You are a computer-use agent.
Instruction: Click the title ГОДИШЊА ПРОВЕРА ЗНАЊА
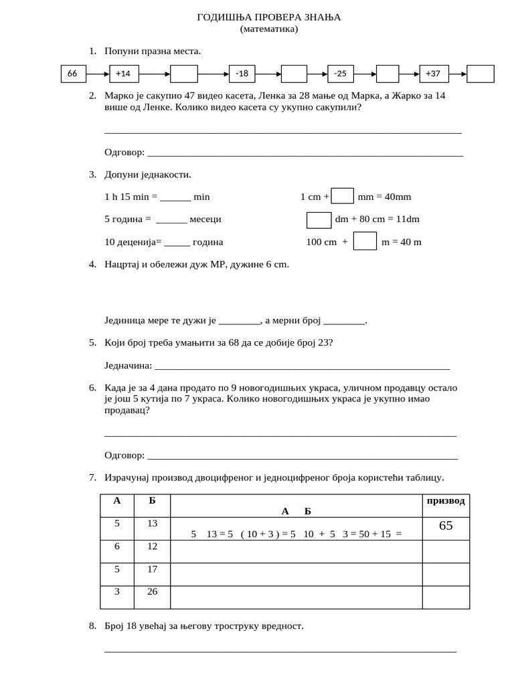point(268,17)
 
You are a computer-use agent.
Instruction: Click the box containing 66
point(73,74)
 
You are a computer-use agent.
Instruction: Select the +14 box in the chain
point(124,74)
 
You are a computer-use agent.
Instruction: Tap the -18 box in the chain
point(242,74)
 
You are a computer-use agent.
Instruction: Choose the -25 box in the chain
point(340,74)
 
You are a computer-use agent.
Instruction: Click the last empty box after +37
point(480,74)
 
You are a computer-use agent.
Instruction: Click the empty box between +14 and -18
point(184,74)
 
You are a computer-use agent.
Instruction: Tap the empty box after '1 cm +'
point(343,196)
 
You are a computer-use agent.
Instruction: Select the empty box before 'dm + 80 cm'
point(319,219)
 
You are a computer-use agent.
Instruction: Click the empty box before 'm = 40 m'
point(365,241)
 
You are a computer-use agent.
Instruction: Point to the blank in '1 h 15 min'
point(175,197)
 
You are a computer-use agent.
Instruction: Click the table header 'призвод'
point(445,501)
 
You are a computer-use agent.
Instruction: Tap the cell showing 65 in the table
point(446,526)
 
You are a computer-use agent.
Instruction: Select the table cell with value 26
point(152,592)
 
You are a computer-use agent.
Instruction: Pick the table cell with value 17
point(152,569)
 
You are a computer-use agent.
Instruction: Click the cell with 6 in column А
point(117,547)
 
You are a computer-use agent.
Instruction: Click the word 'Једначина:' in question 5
point(128,366)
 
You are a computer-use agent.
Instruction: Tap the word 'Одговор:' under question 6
point(124,456)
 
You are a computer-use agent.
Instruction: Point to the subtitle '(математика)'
point(268,29)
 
